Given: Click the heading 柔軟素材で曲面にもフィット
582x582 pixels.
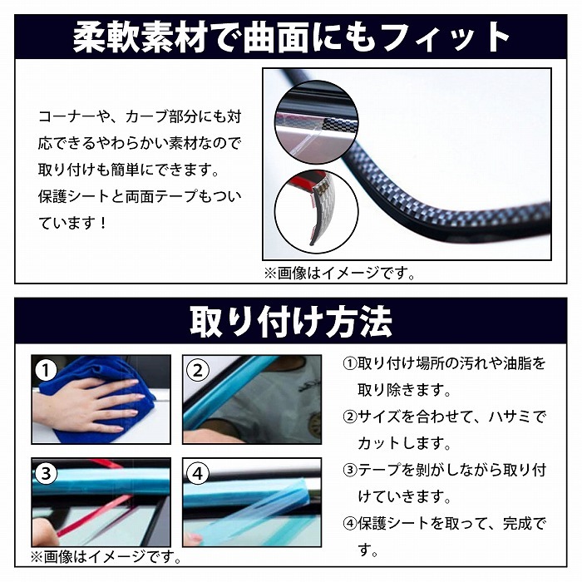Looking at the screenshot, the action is [x=291, y=37].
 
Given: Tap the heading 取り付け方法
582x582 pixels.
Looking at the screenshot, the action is [x=291, y=322].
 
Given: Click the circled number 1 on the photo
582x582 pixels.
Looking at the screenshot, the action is [x=46, y=371].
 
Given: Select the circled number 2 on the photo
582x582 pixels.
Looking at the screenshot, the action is [x=198, y=371].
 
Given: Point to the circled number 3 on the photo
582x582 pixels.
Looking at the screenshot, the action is [x=46, y=474].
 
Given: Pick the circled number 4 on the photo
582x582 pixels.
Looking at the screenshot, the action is [x=198, y=474].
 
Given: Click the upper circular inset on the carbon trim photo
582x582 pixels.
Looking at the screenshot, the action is [x=317, y=122].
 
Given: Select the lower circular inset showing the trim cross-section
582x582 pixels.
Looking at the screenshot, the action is [x=317, y=212].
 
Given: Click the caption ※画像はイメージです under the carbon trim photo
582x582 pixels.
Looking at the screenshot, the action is [x=339, y=274].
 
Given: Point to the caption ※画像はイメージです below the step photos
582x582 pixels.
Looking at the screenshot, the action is [x=106, y=557].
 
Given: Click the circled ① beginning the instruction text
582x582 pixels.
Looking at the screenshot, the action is [x=350, y=364].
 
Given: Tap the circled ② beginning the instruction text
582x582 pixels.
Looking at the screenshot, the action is [x=350, y=417].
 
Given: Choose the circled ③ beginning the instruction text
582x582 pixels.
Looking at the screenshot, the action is [x=350, y=471].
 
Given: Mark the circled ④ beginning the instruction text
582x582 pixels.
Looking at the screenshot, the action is [x=350, y=523].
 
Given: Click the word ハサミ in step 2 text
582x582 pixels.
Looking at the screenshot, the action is [x=510, y=417].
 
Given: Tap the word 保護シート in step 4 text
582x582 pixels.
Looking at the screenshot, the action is [x=393, y=523].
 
